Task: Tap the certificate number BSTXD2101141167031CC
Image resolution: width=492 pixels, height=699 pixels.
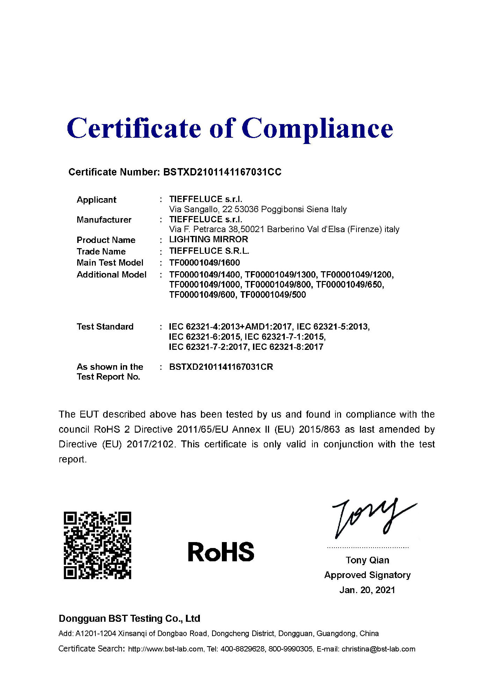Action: click(x=222, y=172)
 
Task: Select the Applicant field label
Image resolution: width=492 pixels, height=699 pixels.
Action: click(x=96, y=200)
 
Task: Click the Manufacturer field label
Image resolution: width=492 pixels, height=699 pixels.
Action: click(x=104, y=220)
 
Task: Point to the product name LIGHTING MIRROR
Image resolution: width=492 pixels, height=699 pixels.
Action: click(x=209, y=239)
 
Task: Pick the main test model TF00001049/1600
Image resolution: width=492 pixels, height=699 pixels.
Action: click(x=204, y=262)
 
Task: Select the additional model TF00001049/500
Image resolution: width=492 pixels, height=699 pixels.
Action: click(x=273, y=295)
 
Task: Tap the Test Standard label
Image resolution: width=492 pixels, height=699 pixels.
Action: click(x=105, y=327)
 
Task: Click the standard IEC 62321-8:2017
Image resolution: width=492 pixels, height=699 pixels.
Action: click(x=288, y=347)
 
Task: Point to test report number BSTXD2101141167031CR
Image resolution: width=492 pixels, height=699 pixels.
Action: click(x=221, y=367)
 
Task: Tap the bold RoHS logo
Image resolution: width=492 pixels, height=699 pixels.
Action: click(x=221, y=552)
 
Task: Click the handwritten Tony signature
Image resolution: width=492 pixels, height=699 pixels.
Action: click(x=370, y=518)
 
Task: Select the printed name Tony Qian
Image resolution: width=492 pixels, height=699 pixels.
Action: click(x=367, y=560)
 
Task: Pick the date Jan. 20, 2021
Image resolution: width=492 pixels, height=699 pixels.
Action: click(x=367, y=590)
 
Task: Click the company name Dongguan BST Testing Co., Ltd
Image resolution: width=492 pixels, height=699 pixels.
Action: click(x=129, y=619)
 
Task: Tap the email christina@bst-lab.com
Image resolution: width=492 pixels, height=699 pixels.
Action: click(x=378, y=649)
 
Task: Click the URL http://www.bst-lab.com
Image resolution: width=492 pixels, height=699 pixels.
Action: click(x=166, y=649)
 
